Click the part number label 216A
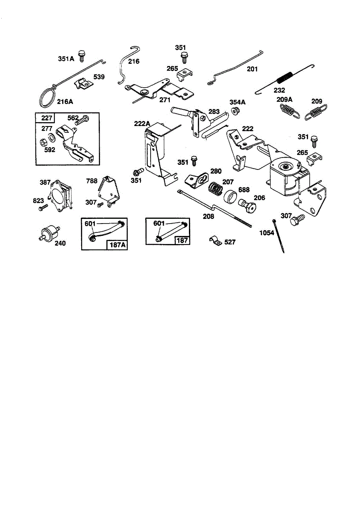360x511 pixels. [65, 101]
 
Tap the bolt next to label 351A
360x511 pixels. [81, 56]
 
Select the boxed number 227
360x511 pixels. [47, 118]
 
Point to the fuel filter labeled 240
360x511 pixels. [49, 232]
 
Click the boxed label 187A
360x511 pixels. [117, 245]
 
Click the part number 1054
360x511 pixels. [267, 233]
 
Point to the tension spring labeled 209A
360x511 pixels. [289, 111]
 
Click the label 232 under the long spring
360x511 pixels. [279, 90]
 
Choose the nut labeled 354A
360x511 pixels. [235, 111]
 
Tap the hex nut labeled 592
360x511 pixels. [43, 142]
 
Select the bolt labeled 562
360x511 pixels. [82, 120]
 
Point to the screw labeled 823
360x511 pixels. [43, 208]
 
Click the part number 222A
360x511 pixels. [142, 123]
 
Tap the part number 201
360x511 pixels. [252, 69]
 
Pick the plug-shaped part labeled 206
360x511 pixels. [247, 205]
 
